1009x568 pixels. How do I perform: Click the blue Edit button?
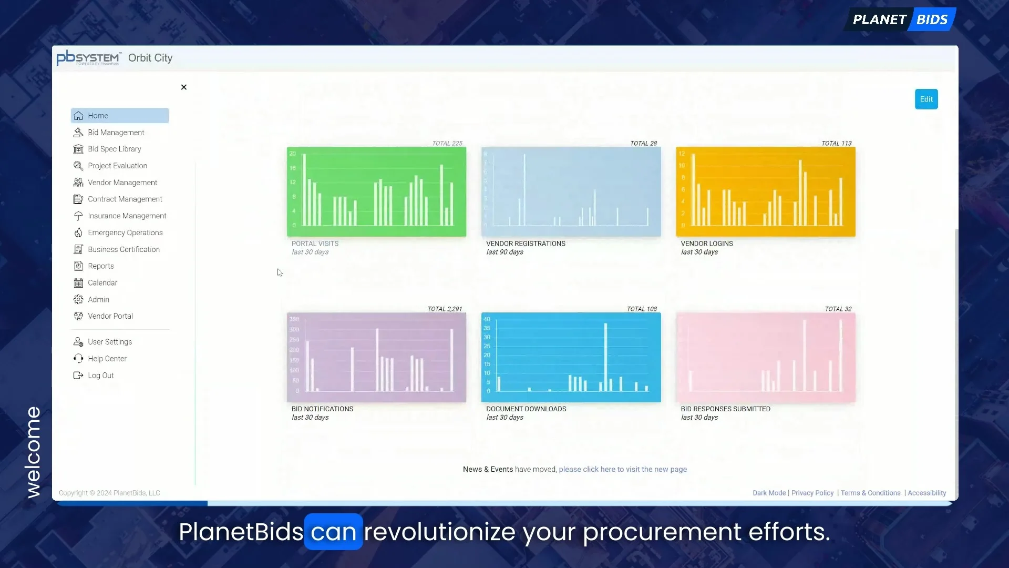(926, 99)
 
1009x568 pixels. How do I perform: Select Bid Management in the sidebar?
(116, 133)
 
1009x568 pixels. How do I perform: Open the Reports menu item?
(101, 266)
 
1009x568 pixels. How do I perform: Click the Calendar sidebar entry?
(102, 283)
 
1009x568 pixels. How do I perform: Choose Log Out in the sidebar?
(101, 376)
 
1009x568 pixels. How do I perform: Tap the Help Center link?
(107, 359)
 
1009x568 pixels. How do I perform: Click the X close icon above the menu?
(184, 87)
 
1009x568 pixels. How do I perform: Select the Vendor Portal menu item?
(110, 316)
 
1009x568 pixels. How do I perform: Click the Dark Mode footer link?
(769, 493)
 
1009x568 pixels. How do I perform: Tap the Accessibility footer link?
(926, 493)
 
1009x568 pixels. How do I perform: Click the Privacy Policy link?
(812, 493)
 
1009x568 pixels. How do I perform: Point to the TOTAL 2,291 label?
(445, 309)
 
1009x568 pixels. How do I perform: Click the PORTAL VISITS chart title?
(315, 244)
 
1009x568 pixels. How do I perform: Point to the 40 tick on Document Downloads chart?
(487, 319)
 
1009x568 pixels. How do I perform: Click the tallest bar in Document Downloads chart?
(606, 358)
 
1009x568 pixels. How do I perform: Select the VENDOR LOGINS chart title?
(706, 244)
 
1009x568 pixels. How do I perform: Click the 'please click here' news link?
(622, 470)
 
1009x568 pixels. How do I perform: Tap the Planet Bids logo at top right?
(900, 19)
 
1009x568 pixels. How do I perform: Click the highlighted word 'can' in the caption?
(333, 532)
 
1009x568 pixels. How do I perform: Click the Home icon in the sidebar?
(78, 116)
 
